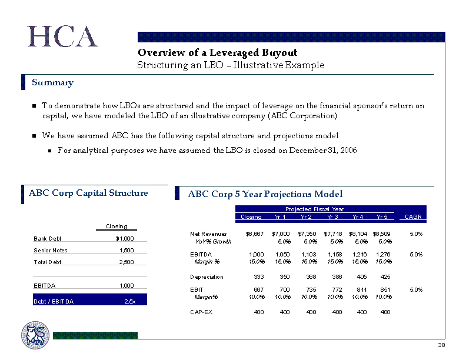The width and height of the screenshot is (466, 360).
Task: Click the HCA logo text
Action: click(62, 36)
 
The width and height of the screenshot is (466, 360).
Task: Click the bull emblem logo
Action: click(35, 335)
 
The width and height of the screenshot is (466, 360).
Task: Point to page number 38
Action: click(441, 345)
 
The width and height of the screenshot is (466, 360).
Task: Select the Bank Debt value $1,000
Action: click(125, 238)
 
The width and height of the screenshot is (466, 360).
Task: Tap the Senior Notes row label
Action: click(51, 251)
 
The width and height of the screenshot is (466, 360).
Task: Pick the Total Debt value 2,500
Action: click(127, 262)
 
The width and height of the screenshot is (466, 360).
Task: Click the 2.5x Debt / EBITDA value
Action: click(130, 302)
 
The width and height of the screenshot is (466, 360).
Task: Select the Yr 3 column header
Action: click(332, 217)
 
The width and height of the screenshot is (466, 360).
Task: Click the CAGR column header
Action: click(413, 217)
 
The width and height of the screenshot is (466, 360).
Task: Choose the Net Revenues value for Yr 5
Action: click(381, 234)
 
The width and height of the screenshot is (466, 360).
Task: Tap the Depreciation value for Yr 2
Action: click(311, 277)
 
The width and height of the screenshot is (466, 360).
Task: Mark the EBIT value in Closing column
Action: click(258, 289)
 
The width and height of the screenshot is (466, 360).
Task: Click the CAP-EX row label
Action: click(201, 312)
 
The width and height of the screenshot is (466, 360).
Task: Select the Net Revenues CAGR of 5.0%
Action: click(416, 234)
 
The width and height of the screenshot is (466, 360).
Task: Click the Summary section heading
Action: click(52, 82)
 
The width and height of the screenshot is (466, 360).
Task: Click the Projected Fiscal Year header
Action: click(314, 209)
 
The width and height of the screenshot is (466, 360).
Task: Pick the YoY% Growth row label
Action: click(213, 242)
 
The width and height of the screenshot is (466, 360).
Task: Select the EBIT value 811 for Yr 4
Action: click(362, 289)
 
